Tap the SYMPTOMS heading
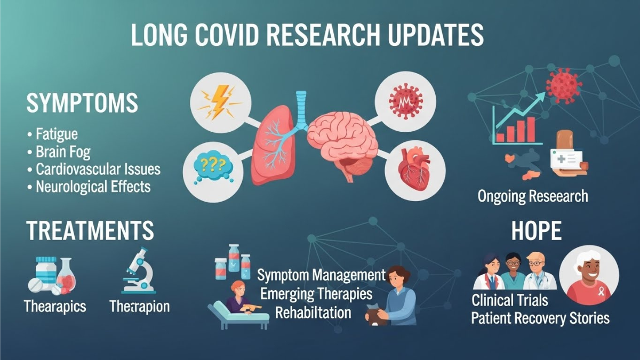pyautogui.click(x=82, y=103)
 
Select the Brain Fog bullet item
pyautogui.click(x=63, y=151)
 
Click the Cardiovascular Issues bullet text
pyautogui.click(x=98, y=169)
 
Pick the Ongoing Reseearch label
pyautogui.click(x=533, y=196)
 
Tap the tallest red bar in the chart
pyautogui.click(x=531, y=130)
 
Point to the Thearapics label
pyautogui.click(x=55, y=307)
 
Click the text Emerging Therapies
pyautogui.click(x=317, y=294)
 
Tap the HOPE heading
pyautogui.click(x=536, y=231)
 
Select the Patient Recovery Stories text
pyautogui.click(x=540, y=318)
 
